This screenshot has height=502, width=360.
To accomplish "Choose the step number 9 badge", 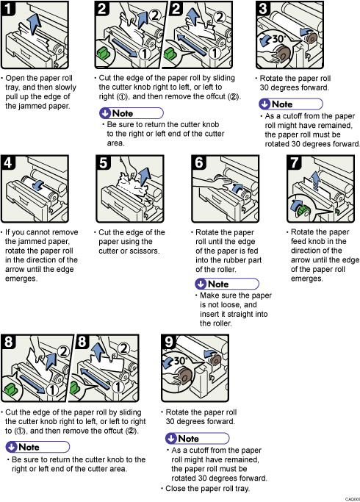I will tap(169, 342).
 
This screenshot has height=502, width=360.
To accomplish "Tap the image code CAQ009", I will tap(350, 498).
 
